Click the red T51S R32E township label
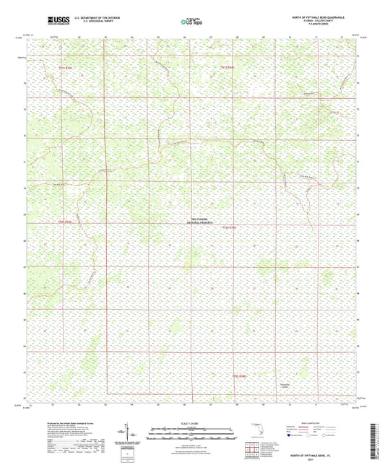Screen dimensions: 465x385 (228, 68)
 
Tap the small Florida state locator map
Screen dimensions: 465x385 (261, 433)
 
